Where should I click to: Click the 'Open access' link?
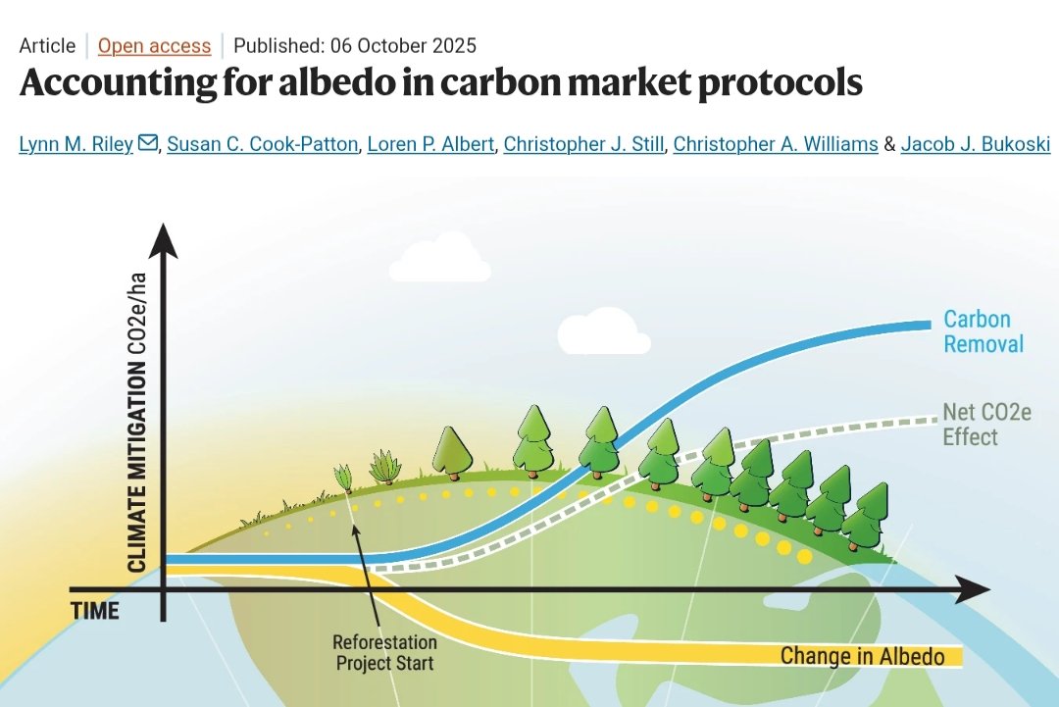tap(154, 46)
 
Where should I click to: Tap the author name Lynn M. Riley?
tap(76, 144)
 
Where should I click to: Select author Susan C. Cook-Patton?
tap(262, 144)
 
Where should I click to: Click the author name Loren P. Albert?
tap(430, 144)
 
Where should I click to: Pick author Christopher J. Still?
tap(585, 144)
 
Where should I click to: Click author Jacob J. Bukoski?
tap(976, 144)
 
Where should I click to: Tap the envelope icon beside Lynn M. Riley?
tap(148, 144)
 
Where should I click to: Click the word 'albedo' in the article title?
tap(248, 83)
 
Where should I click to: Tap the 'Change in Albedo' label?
tap(862, 656)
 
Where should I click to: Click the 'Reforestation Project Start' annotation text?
tap(384, 653)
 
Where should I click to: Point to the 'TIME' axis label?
tap(95, 611)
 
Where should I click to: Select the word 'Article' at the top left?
tap(47, 46)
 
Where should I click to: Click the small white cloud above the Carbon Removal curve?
tap(603, 330)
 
